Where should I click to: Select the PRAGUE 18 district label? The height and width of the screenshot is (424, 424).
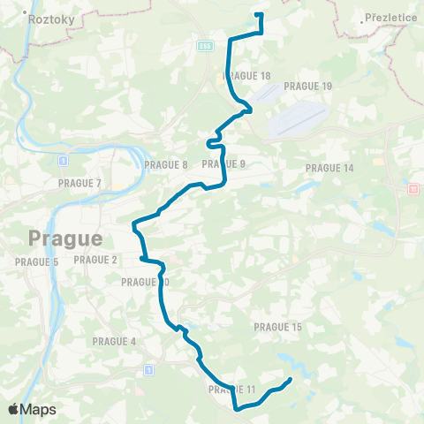point(247,76)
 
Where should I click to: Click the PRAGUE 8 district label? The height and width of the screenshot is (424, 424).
point(166,165)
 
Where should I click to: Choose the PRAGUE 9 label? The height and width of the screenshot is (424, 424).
point(223,164)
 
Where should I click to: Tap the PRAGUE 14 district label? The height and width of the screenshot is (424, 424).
point(329,168)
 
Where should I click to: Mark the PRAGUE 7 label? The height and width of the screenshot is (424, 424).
point(80,184)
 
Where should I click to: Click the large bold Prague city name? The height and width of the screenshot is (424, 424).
point(65,238)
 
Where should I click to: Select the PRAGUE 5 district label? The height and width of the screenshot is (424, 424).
point(36,262)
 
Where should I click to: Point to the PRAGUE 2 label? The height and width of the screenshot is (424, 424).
point(96,260)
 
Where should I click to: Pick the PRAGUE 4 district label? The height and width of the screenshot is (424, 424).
point(115,341)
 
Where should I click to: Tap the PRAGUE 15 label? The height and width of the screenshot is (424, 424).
point(278,327)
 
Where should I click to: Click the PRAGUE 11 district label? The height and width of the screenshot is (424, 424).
point(232,390)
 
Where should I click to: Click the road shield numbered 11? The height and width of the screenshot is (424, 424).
point(413,189)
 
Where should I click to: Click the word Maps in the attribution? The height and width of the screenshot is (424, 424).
point(39,410)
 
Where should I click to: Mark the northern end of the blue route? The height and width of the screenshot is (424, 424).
point(257,14)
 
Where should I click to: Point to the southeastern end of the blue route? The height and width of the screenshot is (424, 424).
point(291,381)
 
